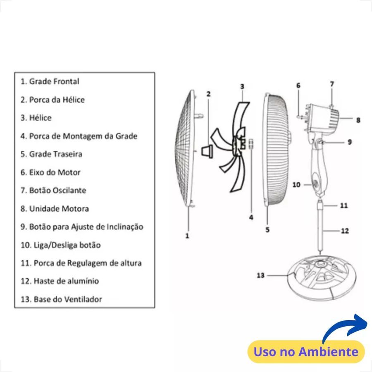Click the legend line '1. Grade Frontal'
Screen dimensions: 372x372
coord(50,81)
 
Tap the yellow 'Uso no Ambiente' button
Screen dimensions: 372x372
coord(306,352)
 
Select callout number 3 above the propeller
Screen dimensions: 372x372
coord(242,86)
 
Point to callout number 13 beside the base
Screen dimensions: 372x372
coord(260,275)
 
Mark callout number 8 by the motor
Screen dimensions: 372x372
coord(358,120)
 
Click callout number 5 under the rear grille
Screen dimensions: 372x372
coord(267,230)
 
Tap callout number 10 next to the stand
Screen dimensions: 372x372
coord(296,185)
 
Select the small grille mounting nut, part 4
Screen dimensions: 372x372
coord(251,144)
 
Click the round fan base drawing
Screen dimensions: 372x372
coord(322,278)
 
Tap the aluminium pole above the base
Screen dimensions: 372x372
coord(320,228)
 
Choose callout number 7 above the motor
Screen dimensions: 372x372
coord(332,84)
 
